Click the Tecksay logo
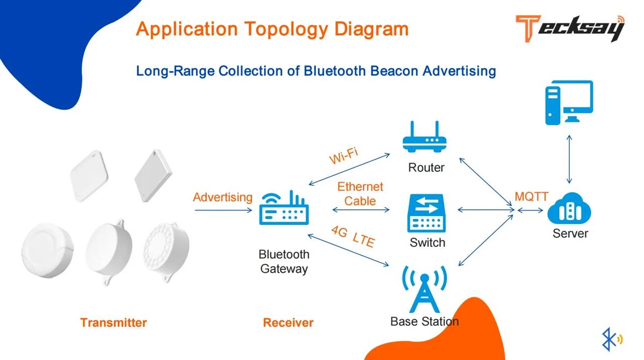(x=570, y=28)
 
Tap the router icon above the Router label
(x=425, y=137)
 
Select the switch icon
(x=426, y=213)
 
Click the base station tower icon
(x=425, y=290)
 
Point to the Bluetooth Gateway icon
(x=283, y=209)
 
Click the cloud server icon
(x=569, y=210)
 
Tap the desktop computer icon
(x=569, y=103)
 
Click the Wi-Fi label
(x=344, y=156)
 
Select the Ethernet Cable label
(x=360, y=194)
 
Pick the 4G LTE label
(x=353, y=236)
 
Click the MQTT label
(x=531, y=196)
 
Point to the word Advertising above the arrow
(x=222, y=197)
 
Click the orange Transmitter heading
(x=113, y=322)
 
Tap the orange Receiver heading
(x=288, y=322)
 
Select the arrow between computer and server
(x=569, y=159)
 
